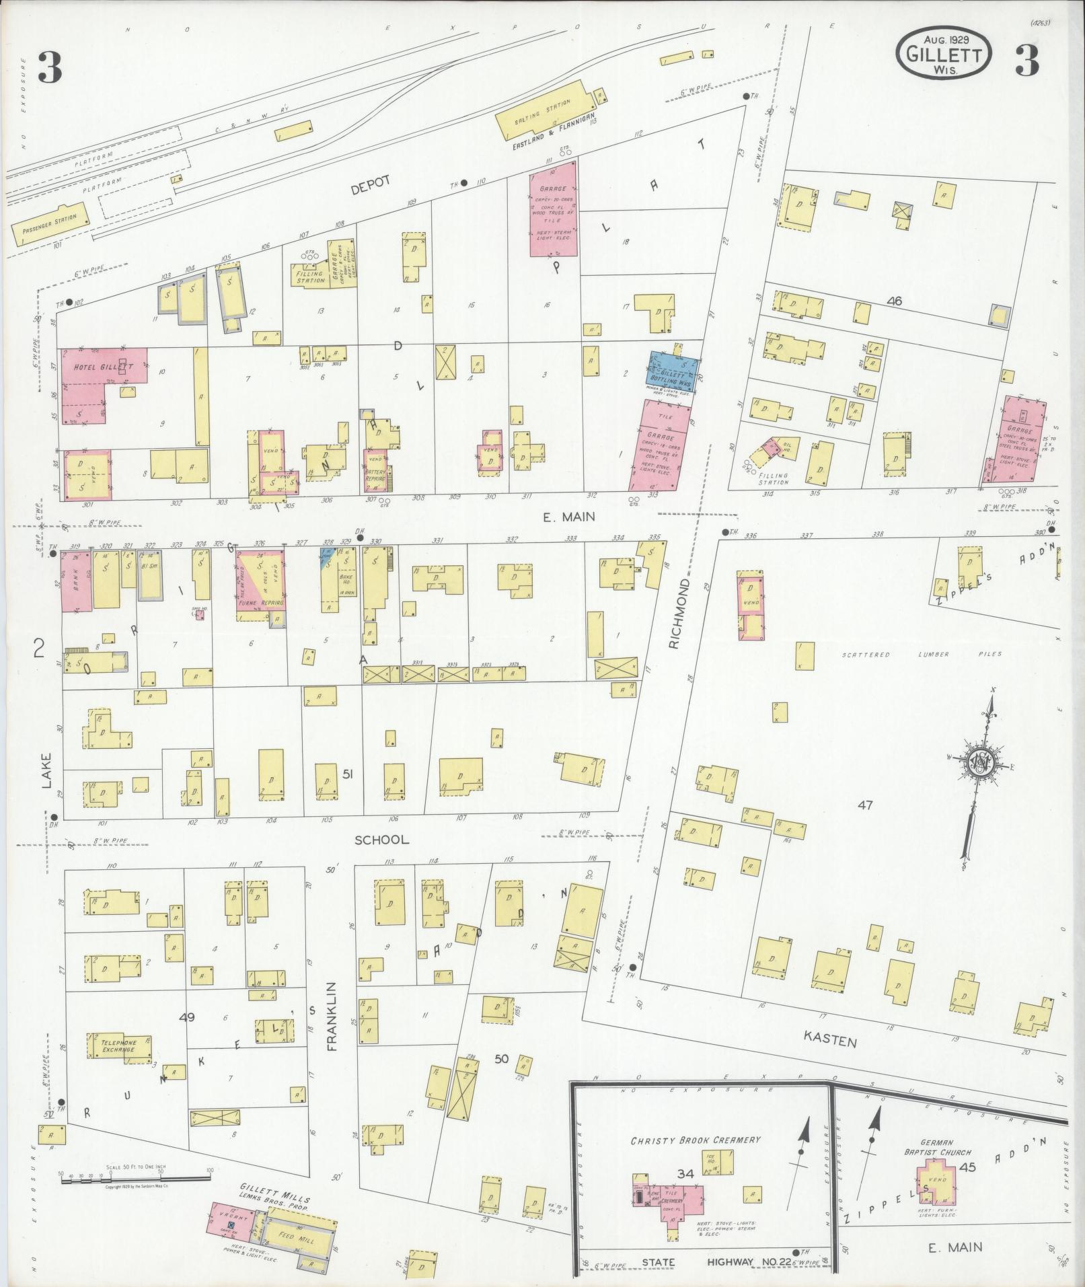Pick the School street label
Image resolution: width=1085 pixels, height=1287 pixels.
click(381, 840)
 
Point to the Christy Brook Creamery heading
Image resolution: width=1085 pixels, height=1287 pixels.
click(695, 1140)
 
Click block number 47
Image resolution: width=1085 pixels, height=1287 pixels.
click(864, 805)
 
